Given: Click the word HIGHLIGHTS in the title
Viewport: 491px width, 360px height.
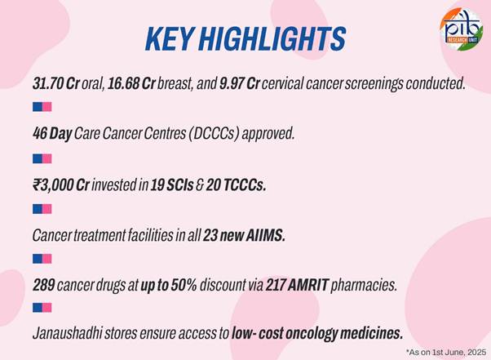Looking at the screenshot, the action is click(272, 39).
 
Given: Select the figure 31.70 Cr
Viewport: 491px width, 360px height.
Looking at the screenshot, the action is click(56, 83).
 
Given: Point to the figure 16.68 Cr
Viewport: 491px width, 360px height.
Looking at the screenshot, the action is click(131, 83).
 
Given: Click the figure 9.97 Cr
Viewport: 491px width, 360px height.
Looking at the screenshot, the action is click(239, 83).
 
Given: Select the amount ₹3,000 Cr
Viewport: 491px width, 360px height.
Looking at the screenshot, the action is click(61, 185).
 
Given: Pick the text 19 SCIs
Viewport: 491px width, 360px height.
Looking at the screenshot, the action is click(172, 185).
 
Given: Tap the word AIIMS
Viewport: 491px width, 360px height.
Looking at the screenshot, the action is click(266, 236).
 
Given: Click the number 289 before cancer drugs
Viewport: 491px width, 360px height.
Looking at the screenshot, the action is click(44, 285).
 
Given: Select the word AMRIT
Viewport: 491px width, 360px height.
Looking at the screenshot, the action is click(307, 285).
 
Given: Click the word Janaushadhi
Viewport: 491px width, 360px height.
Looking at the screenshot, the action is click(67, 333).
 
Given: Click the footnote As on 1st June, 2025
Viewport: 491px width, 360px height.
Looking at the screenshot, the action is click(446, 352).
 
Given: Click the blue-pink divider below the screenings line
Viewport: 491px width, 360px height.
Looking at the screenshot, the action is click(42, 107).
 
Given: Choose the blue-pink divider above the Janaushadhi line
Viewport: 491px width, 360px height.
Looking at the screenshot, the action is click(42, 308).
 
